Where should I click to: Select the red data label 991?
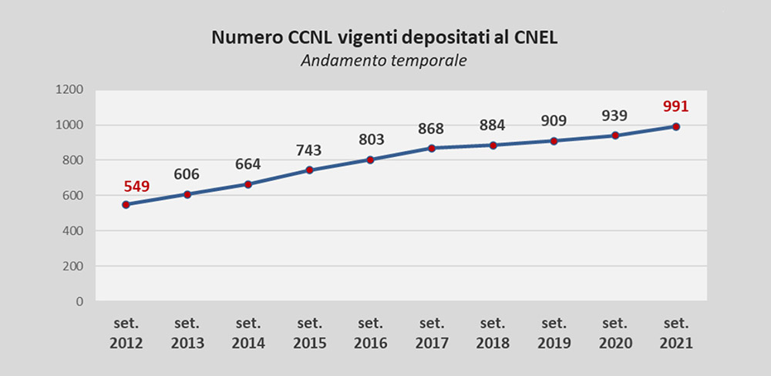(x=675, y=106)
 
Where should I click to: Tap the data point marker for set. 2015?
(x=309, y=170)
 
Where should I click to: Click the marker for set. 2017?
(x=432, y=148)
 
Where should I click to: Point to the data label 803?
(x=370, y=139)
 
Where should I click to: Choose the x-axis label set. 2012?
(x=126, y=332)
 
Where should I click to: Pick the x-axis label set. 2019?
(x=554, y=332)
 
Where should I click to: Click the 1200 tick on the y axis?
(x=70, y=89)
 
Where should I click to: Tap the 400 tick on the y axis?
(x=73, y=231)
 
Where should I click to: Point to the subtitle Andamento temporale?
(x=385, y=61)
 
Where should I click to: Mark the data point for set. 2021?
(x=676, y=126)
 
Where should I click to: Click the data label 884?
(x=493, y=125)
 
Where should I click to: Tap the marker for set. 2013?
(x=187, y=194)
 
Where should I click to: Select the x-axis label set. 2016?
(x=370, y=332)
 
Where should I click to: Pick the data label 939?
(x=614, y=116)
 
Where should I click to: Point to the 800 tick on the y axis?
(x=73, y=160)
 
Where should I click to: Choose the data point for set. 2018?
(x=493, y=145)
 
